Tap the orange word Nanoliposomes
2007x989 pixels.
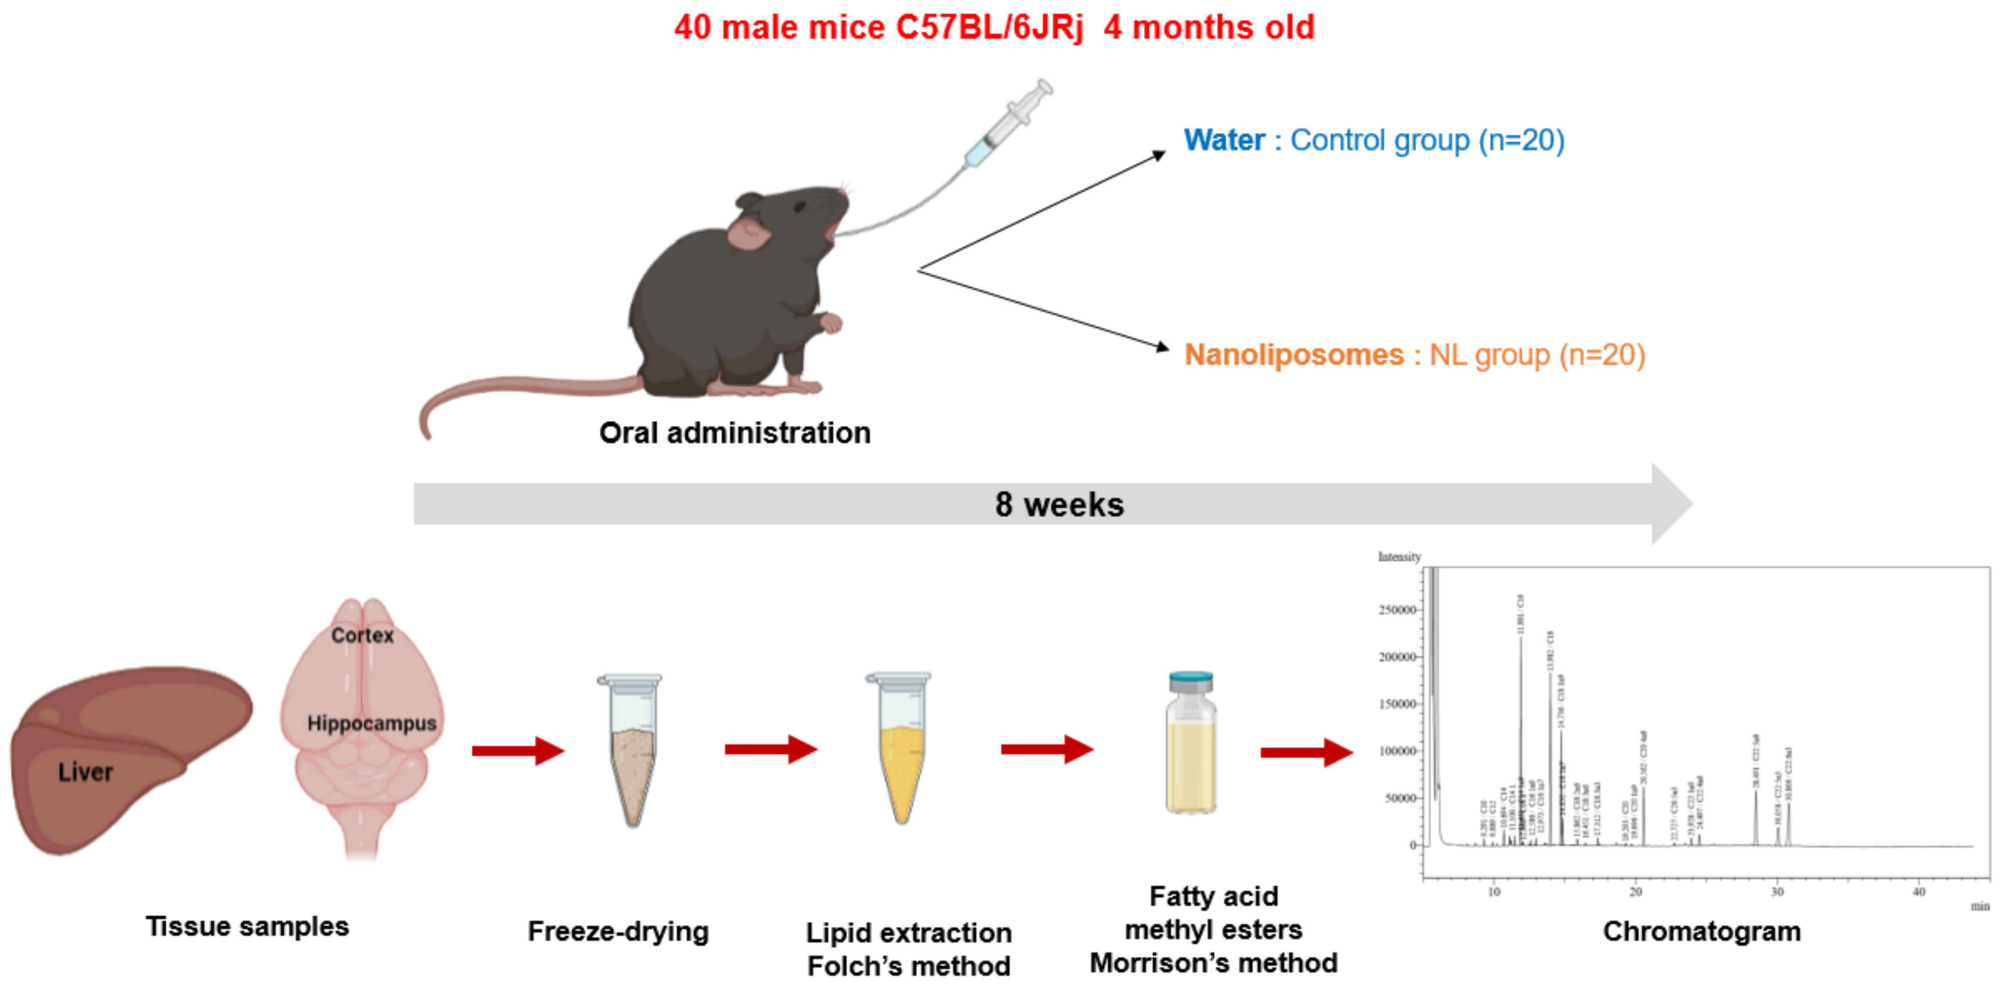point(1293,355)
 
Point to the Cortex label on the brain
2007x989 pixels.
point(362,636)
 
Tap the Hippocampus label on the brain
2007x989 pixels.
point(372,724)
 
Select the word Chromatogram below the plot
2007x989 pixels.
point(1702,931)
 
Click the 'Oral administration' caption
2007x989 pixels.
point(735,433)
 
